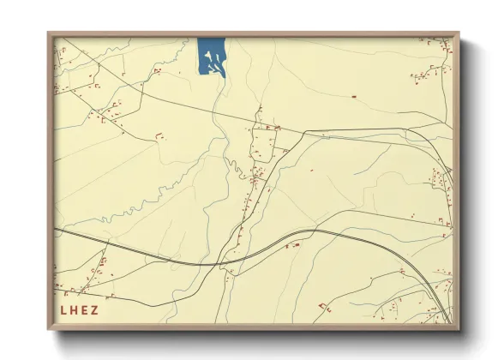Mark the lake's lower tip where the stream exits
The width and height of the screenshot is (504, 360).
point(223,76)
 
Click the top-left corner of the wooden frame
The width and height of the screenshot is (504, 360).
point(48,33)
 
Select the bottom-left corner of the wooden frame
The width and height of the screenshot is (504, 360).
point(48,329)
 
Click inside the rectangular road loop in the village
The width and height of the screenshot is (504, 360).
point(260,141)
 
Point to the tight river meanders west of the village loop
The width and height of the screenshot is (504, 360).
point(230,163)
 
